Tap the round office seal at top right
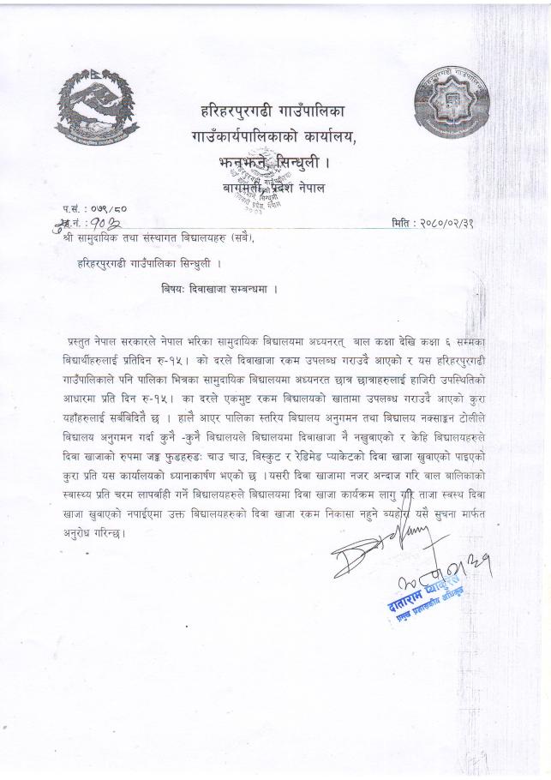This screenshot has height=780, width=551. (x=455, y=109)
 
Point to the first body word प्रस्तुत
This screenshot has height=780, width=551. (x=86, y=341)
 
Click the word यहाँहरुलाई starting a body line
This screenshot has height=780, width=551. (x=88, y=398)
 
